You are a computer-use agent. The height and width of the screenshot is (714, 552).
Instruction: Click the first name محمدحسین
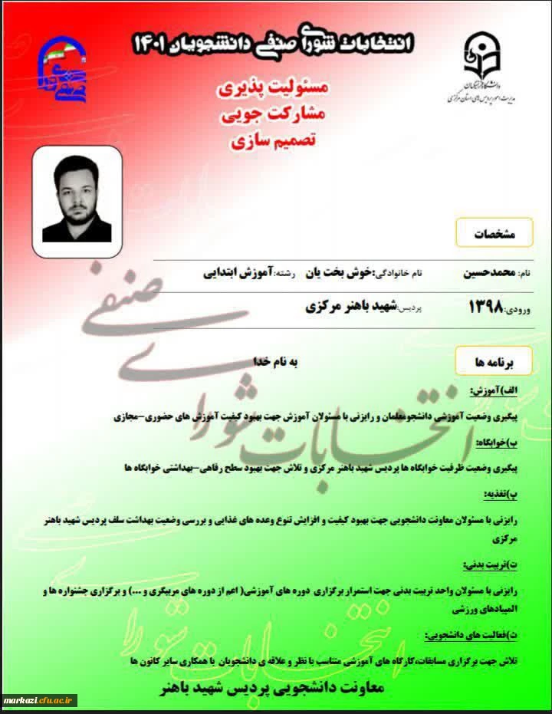click(489, 272)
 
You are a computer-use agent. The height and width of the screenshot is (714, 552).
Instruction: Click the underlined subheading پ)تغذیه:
click(523, 493)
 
